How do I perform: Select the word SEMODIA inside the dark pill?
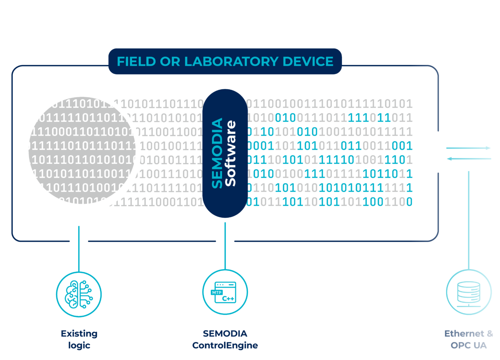click(x=217, y=153)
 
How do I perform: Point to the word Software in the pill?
click(x=230, y=153)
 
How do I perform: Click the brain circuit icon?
click(x=79, y=294)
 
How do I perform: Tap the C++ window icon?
click(x=225, y=292)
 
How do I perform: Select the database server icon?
click(x=469, y=292)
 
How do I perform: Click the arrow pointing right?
click(x=469, y=148)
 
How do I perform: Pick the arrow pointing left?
click(x=469, y=159)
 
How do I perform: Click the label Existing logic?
click(x=79, y=339)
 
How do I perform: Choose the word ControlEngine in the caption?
click(x=225, y=345)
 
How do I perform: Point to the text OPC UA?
click(x=469, y=345)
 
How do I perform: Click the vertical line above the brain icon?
click(x=79, y=248)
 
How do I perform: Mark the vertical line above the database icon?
click(x=469, y=220)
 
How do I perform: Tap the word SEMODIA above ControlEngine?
click(x=225, y=334)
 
